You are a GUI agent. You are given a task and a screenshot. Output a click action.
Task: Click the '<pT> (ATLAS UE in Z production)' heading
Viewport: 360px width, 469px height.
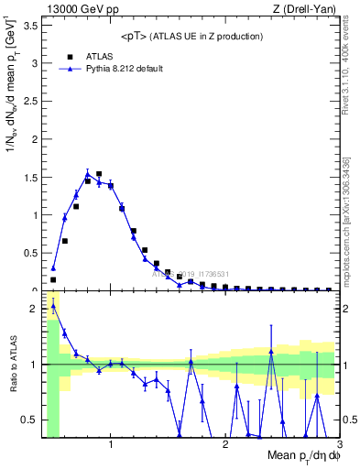click(191, 36)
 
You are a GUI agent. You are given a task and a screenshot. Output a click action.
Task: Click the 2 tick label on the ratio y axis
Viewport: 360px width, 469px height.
click(35, 309)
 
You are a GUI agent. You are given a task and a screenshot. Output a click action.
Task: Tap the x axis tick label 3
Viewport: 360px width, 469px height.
click(339, 444)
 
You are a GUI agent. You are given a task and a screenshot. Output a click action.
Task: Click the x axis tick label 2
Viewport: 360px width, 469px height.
click(225, 444)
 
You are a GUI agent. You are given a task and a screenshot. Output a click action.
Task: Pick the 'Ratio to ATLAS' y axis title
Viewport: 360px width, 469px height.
click(12, 364)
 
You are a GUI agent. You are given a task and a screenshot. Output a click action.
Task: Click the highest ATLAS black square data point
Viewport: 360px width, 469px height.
click(99, 174)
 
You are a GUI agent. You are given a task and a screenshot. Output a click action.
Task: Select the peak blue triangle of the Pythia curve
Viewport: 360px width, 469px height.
click(87, 174)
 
